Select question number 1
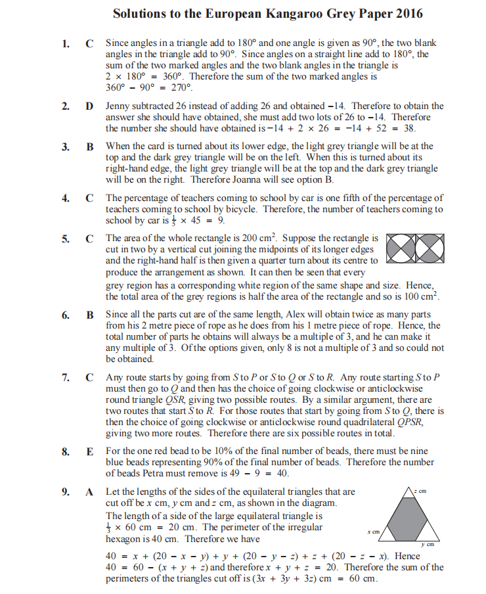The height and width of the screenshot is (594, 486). pyautogui.click(x=66, y=43)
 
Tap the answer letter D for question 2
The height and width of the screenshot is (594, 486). pyautogui.click(x=90, y=106)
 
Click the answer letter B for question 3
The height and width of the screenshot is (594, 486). pyautogui.click(x=90, y=147)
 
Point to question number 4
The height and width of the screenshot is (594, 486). pyautogui.click(x=66, y=198)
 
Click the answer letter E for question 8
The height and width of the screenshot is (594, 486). pyautogui.click(x=90, y=451)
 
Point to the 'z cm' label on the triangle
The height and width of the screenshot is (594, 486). pyautogui.click(x=420, y=491)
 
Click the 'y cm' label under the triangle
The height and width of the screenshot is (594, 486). pyautogui.click(x=428, y=545)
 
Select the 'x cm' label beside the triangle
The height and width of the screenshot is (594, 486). pyautogui.click(x=375, y=531)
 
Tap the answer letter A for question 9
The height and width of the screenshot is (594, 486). pyautogui.click(x=90, y=491)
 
